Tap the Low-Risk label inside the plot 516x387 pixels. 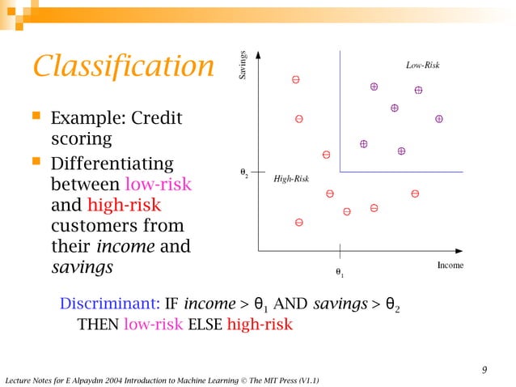(x=422, y=64)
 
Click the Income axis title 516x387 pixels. (x=450, y=265)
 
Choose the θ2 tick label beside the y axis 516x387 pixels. (x=243, y=172)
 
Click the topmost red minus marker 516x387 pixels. (x=296, y=80)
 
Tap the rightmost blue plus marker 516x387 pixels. (x=439, y=118)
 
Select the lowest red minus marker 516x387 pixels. (x=299, y=222)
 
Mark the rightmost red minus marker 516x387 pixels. (x=415, y=193)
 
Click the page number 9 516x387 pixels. (x=484, y=370)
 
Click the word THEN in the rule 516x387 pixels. (x=98, y=325)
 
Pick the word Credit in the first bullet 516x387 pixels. (x=159, y=119)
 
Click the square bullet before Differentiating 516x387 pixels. (x=35, y=163)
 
